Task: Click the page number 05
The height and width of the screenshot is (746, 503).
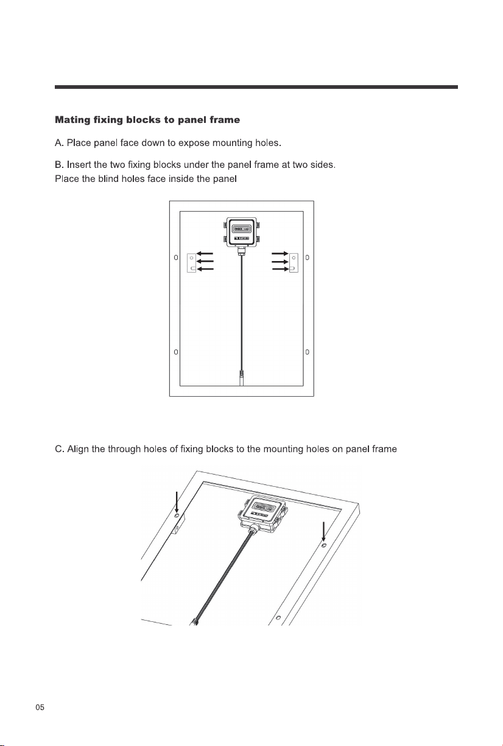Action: coord(40,708)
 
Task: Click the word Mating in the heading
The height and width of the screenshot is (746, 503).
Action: coord(72,120)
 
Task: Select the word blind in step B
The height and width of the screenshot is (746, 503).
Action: coord(108,179)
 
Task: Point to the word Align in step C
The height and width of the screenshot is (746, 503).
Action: coord(78,449)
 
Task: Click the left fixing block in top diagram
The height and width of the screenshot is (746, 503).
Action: coord(191,263)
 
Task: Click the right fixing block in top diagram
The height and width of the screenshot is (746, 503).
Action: coord(294,263)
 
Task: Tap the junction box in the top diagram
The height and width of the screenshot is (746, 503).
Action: coord(242,232)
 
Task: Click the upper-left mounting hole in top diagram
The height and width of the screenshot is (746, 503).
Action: coord(176,257)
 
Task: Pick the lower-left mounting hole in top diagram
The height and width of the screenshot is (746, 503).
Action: coord(176,352)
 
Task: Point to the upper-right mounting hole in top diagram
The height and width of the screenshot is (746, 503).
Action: coord(307,257)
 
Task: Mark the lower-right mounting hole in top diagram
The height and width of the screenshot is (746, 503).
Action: coord(307,352)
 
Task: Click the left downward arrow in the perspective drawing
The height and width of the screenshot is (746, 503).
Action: coord(177,502)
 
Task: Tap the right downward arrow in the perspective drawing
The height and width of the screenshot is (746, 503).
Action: coord(323,532)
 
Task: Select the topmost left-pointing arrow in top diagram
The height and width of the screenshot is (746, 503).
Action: coord(205,254)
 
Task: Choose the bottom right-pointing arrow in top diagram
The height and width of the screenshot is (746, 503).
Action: coord(280,269)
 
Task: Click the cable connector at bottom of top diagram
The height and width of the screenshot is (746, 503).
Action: coord(242,378)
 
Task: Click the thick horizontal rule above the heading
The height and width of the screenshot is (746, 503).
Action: coord(256,87)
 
